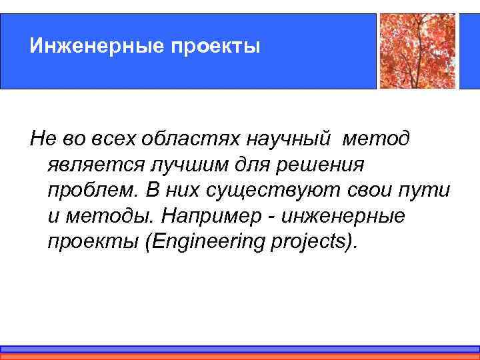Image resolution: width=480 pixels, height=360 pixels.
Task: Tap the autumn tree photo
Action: click(418, 51)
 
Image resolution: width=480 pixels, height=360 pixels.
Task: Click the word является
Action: click(86, 165)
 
